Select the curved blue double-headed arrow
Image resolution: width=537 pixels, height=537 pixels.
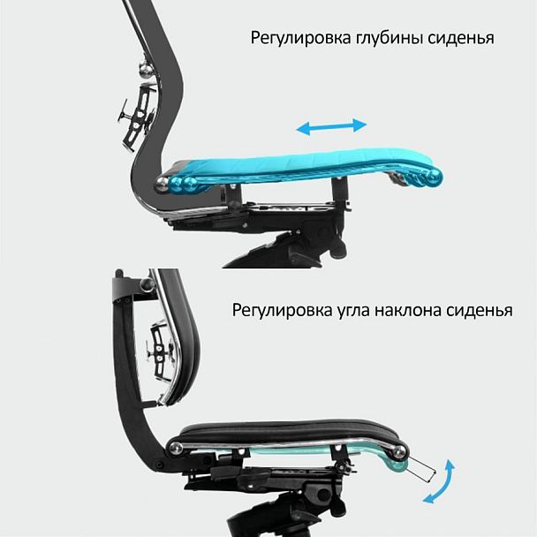click(x=439, y=482)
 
